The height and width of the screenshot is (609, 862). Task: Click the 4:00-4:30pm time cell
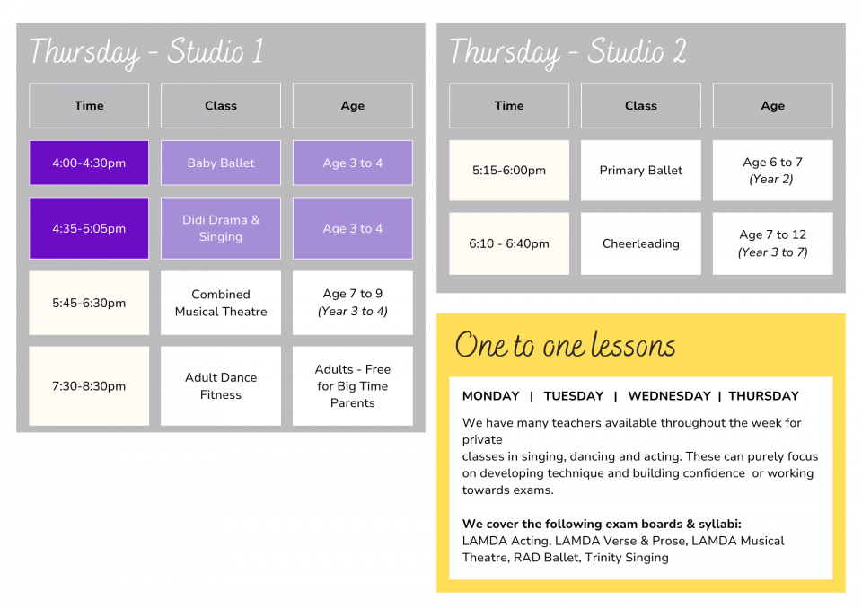[89, 163]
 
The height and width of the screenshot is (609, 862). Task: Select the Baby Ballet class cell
[221, 163]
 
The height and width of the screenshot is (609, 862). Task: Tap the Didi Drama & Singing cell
[221, 228]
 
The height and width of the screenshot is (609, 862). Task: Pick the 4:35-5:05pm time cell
[89, 228]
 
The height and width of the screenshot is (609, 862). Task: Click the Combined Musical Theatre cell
[221, 303]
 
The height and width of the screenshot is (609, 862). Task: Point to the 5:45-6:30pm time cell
[89, 303]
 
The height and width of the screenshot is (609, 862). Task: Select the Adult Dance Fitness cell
[221, 385]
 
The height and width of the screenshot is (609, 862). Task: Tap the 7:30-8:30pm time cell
[89, 385]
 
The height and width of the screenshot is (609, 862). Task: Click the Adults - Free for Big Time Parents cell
[352, 385]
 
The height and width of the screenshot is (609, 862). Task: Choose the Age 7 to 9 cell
[352, 303]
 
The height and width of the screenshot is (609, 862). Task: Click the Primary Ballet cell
[641, 170]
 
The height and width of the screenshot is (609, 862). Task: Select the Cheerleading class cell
[641, 243]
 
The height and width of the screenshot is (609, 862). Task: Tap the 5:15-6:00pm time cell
[509, 170]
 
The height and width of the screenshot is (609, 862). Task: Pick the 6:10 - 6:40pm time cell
[509, 243]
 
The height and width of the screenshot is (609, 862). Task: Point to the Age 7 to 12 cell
[772, 243]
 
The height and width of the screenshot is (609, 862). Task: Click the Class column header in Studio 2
[641, 106]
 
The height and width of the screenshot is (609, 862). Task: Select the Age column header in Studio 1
[352, 106]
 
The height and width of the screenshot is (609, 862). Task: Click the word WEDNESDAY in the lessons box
[670, 396]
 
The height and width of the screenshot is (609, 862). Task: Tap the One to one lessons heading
[565, 345]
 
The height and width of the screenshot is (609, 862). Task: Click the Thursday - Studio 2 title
[567, 52]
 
